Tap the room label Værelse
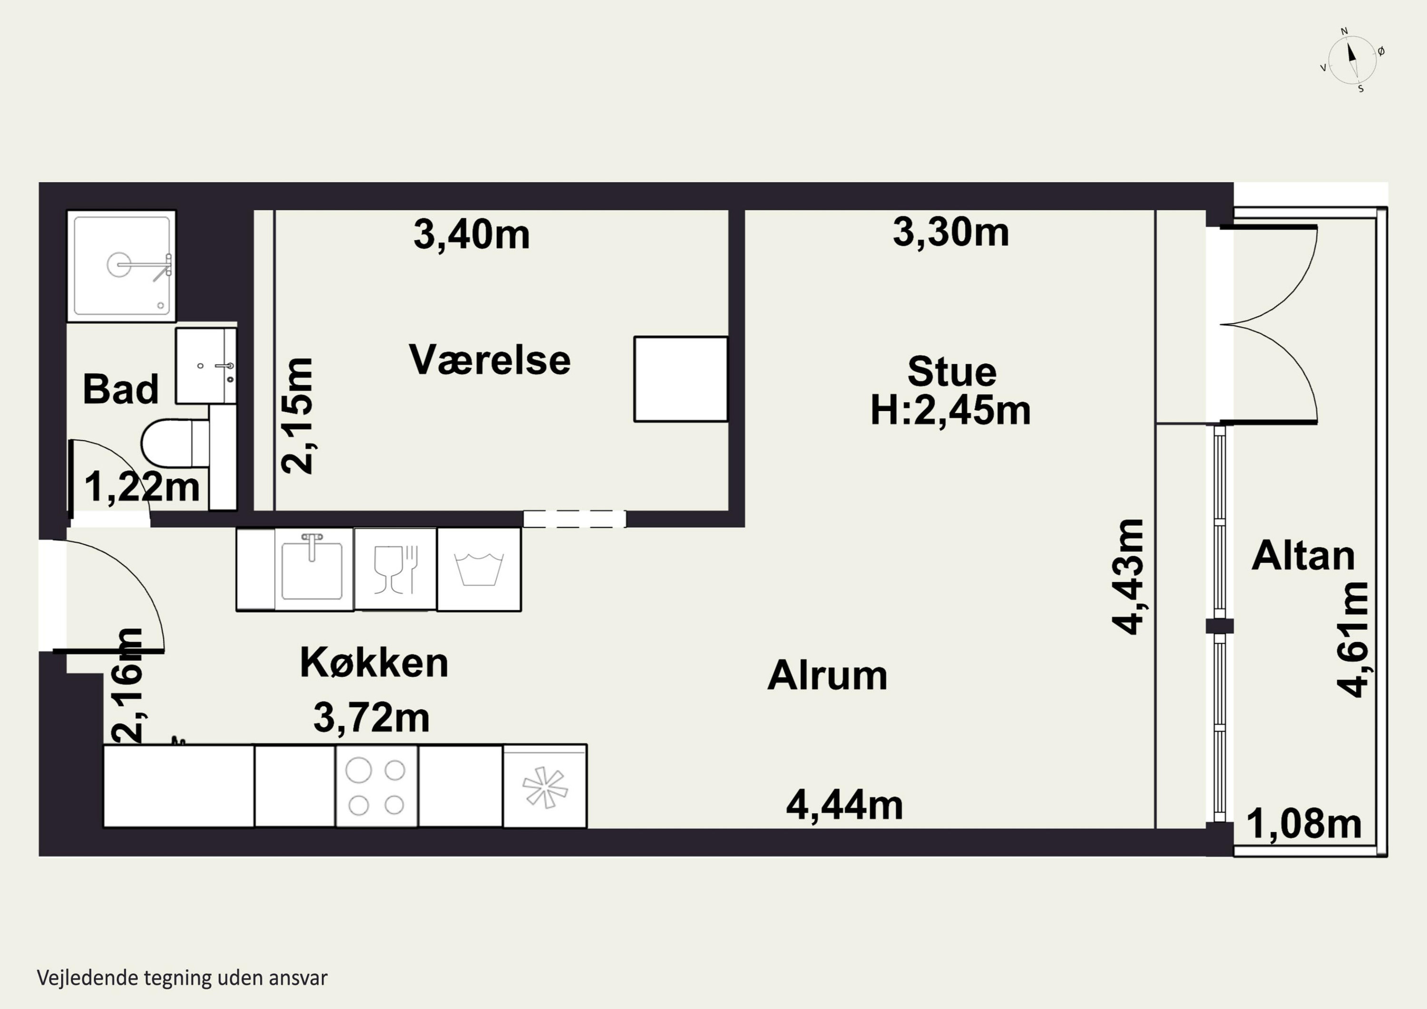point(490,360)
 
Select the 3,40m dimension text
point(472,235)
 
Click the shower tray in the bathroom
point(121,265)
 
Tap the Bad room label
point(120,389)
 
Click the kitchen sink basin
point(312,570)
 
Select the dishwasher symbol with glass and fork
point(395,569)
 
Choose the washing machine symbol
point(479,569)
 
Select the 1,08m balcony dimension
point(1304,824)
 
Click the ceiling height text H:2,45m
point(950,411)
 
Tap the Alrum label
point(827,675)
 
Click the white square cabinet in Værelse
point(681,379)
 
